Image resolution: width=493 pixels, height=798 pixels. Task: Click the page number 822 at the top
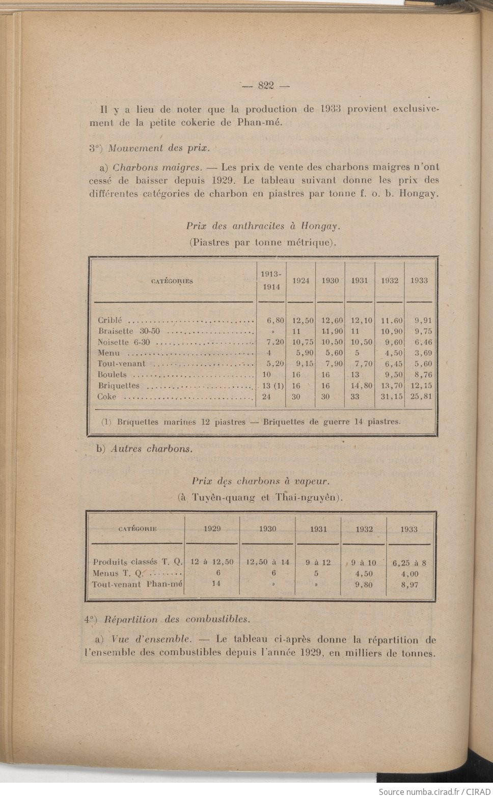tap(265, 86)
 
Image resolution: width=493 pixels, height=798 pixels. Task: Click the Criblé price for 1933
tap(423, 321)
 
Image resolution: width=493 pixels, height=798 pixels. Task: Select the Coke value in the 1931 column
tap(355, 396)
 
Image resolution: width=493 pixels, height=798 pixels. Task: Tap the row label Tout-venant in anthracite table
tap(122, 364)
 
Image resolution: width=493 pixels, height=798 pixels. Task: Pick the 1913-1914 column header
tap(271, 280)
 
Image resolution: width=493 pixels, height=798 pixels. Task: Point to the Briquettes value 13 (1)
tap(273, 386)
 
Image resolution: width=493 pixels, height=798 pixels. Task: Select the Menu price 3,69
tap(423, 353)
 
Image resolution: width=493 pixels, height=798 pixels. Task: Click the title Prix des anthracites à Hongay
tap(263, 226)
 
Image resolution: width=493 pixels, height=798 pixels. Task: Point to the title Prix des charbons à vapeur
tap(260, 481)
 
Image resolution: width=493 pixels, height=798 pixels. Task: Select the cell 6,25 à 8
tap(409, 563)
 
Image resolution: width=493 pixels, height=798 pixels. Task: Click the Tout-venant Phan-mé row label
tap(137, 584)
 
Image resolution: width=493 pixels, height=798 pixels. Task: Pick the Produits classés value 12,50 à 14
tap(267, 562)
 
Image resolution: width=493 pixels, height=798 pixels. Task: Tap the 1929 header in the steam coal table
tap(212, 529)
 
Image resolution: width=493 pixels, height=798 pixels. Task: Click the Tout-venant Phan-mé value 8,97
tap(409, 585)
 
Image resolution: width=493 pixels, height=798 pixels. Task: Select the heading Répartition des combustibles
tap(177, 620)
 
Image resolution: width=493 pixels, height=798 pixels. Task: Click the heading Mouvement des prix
tap(158, 148)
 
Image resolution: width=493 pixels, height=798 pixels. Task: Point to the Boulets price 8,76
tap(423, 375)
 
